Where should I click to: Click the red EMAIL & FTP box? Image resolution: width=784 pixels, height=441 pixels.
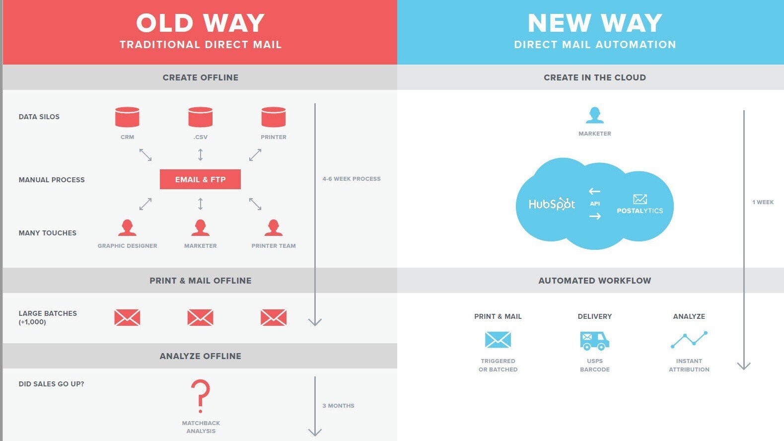pos(200,179)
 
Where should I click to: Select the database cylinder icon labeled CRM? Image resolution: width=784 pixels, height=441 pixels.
pos(127,117)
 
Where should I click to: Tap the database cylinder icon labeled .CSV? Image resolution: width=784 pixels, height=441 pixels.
pos(200,117)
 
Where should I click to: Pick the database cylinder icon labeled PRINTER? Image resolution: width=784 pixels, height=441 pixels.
pos(274,117)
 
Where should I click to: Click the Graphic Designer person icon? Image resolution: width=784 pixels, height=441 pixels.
pos(127,228)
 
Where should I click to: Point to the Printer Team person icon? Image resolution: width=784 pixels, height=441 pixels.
pos(273,228)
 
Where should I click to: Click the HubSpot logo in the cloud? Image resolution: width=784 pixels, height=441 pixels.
pos(551,204)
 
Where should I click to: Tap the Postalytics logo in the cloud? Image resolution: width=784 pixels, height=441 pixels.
pos(640,205)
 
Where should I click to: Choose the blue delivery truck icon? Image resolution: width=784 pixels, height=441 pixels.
pos(594,340)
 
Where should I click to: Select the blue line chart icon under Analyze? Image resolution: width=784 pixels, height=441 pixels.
pos(689,340)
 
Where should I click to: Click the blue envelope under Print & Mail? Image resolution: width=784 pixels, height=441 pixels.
pos(498,340)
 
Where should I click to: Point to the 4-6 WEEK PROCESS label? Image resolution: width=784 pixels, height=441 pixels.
pos(351,179)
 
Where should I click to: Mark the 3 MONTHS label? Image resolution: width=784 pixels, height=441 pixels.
pos(338,406)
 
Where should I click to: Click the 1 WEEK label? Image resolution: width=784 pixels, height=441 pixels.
pos(763,202)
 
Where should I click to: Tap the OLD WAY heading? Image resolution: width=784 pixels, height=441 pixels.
pos(200,23)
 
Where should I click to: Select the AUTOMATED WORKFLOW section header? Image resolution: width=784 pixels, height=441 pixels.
pos(594,281)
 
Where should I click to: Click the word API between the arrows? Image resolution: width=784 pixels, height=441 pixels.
pos(595,204)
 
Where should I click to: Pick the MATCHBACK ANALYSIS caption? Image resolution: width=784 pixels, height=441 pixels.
pos(201,427)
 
